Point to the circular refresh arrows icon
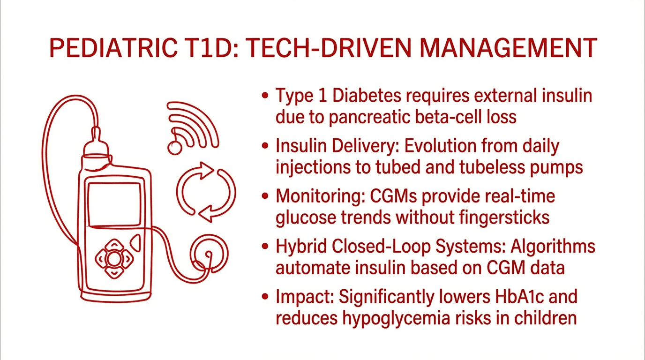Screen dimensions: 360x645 click(x=206, y=192)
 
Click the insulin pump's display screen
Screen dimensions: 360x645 click(x=114, y=204)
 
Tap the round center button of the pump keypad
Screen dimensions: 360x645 click(x=114, y=258)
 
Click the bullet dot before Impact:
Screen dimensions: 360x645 click(x=266, y=297)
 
